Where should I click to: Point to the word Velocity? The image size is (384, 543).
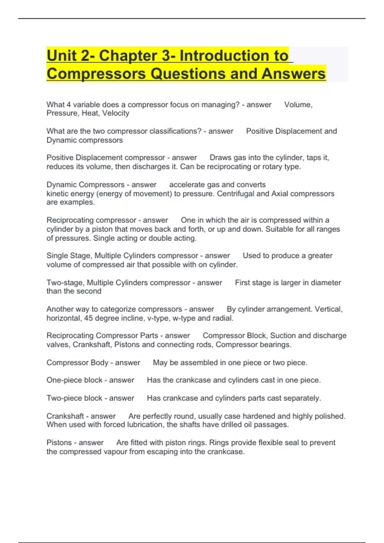pos(116,113)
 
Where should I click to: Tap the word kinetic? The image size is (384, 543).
pos(58,194)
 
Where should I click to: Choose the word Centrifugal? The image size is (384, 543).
pos(236,194)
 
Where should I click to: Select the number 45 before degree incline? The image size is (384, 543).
pos(88,318)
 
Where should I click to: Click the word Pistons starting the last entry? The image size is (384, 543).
pos(59,443)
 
